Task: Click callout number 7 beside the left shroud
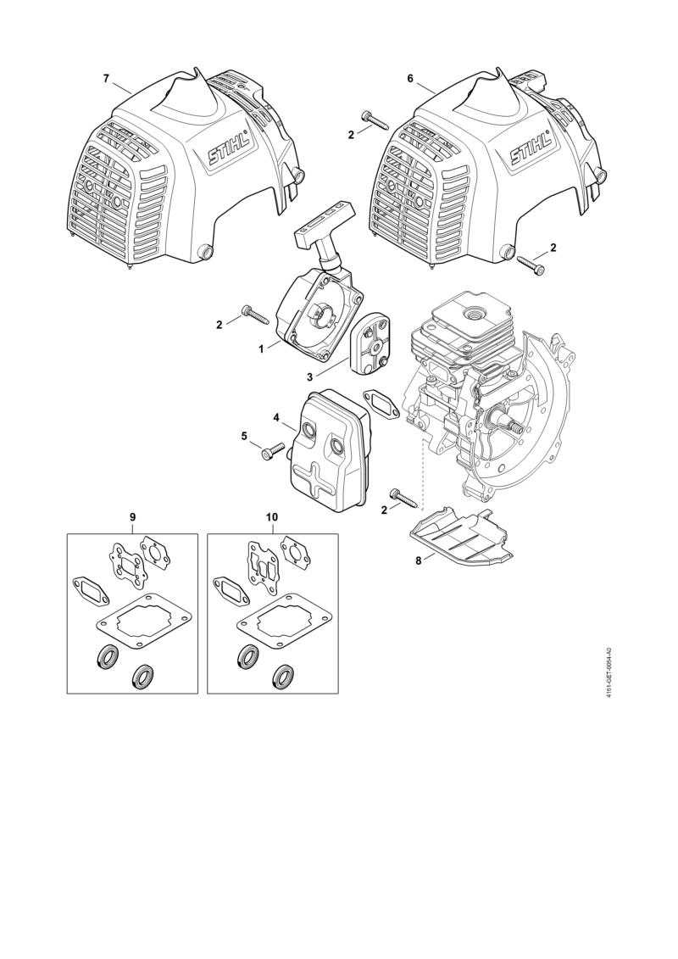[107, 78]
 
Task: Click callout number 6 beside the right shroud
[409, 78]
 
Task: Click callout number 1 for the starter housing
[261, 348]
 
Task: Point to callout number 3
[309, 378]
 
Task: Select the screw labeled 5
[275, 449]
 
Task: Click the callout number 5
[244, 436]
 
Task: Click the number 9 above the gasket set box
[133, 516]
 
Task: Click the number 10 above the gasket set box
[272, 516]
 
